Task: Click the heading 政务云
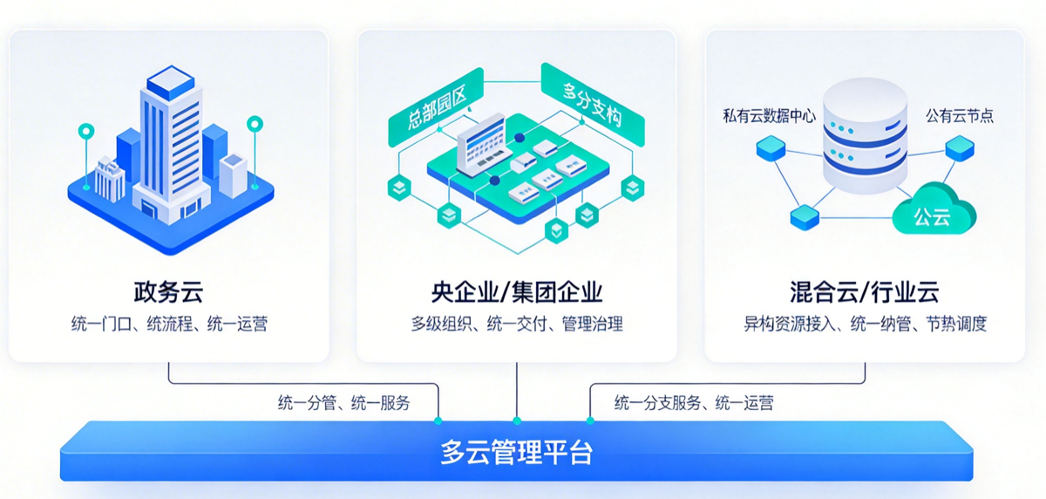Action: click(169, 291)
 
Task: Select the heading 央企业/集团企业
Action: click(517, 291)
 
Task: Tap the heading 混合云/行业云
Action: click(864, 291)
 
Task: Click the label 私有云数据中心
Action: click(769, 115)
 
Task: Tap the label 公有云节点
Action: click(959, 115)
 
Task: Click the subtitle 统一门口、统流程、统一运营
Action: click(169, 325)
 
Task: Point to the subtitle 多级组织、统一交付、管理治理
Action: click(517, 325)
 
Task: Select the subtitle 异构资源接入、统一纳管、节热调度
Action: click(865, 325)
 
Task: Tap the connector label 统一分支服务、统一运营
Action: click(693, 403)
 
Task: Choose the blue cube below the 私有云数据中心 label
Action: click(771, 150)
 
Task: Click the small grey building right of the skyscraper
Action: click(234, 174)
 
